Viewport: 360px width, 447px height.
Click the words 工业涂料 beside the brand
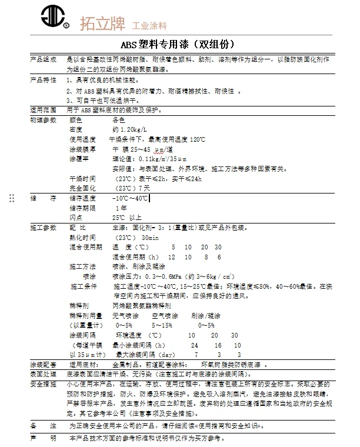[149, 26]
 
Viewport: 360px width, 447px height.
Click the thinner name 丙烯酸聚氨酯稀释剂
[142, 306]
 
